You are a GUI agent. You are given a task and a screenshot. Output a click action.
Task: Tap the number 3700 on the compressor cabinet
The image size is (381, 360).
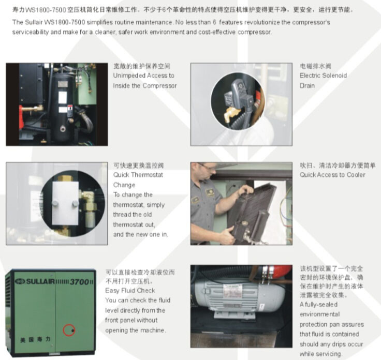click(79, 282)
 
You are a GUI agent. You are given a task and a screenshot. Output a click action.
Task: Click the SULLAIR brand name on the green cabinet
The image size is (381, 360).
click(40, 281)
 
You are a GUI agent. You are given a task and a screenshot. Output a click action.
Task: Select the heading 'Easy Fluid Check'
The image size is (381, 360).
click(130, 291)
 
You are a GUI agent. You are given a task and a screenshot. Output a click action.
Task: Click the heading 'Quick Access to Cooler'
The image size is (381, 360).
click(332, 175)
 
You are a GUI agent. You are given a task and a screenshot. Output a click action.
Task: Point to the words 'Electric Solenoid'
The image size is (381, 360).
click(323, 76)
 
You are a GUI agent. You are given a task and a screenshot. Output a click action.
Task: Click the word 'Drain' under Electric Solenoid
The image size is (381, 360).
click(307, 86)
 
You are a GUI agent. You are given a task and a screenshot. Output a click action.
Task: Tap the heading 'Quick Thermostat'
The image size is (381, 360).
click(138, 175)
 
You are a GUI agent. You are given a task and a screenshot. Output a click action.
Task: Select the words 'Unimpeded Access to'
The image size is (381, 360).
click(143, 76)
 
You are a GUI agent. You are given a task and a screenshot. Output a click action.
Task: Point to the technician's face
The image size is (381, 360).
click(208, 171)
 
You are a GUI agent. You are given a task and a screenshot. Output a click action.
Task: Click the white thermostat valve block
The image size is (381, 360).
click(65, 203)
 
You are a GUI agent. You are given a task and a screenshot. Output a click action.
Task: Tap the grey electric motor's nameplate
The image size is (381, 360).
click(232, 291)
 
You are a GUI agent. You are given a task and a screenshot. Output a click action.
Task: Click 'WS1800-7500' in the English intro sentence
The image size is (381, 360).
click(65, 22)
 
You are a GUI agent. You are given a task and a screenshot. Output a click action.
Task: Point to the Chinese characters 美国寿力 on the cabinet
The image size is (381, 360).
click(35, 340)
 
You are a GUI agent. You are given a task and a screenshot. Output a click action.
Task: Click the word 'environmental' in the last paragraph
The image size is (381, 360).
click(319, 314)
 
